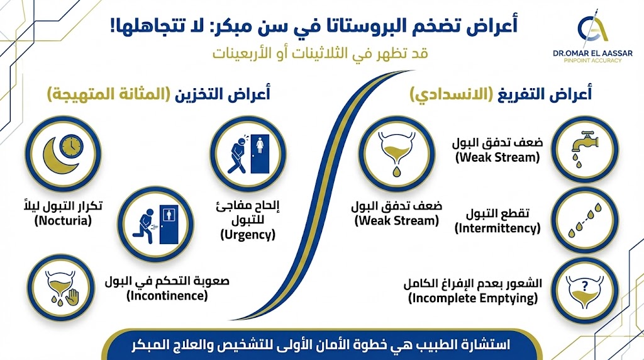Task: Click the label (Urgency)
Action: tap(248, 235)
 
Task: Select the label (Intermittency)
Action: tap(497, 227)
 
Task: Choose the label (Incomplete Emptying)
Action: tap(473, 298)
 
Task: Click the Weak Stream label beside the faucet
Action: tap(497, 157)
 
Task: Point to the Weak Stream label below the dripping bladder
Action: tap(396, 220)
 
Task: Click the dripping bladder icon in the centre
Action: tap(395, 154)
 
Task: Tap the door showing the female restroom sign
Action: tap(259, 154)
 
